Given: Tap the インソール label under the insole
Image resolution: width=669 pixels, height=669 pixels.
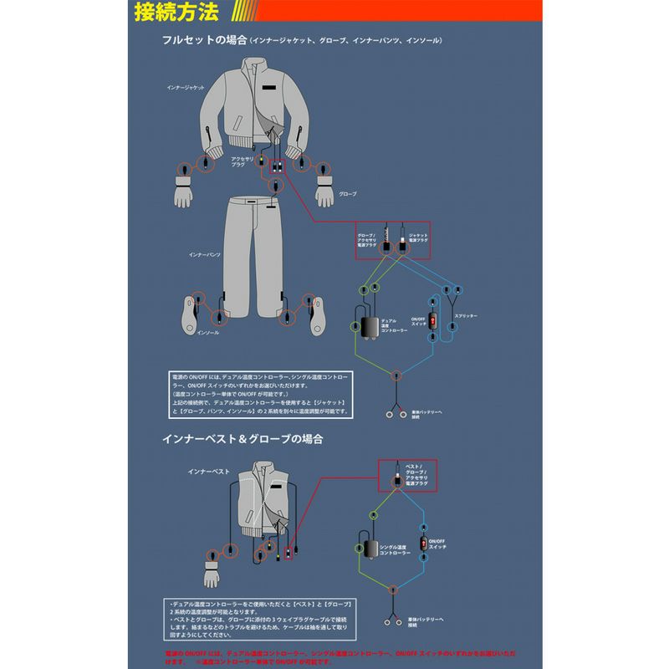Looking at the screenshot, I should (207, 332).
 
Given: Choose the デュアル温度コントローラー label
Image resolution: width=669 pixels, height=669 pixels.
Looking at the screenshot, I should (394, 325).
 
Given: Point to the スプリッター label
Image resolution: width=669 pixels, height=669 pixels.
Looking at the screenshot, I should (467, 317).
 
